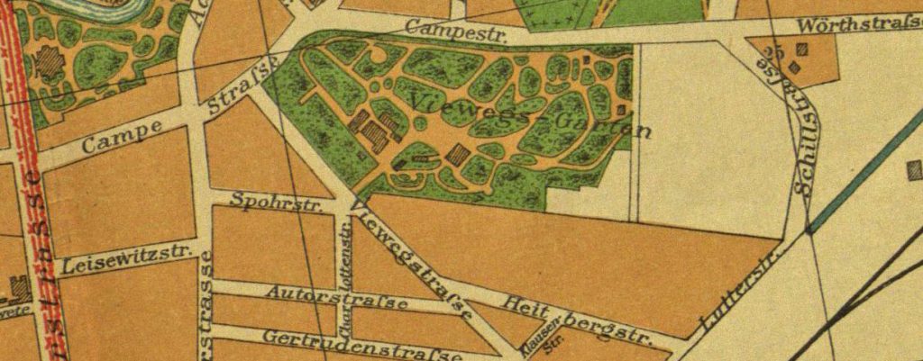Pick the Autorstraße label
click(337, 298)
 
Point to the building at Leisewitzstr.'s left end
click(16, 288)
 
